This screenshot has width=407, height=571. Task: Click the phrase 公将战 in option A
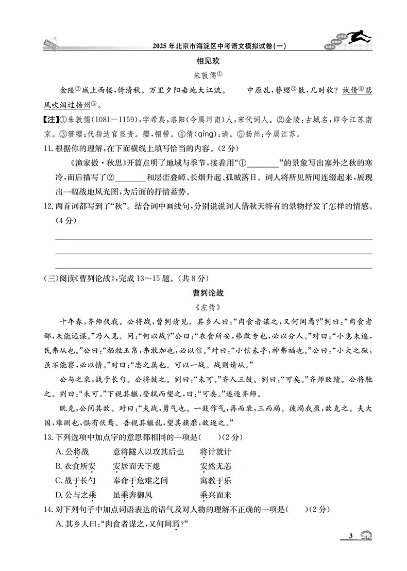pyautogui.click(x=77, y=452)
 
